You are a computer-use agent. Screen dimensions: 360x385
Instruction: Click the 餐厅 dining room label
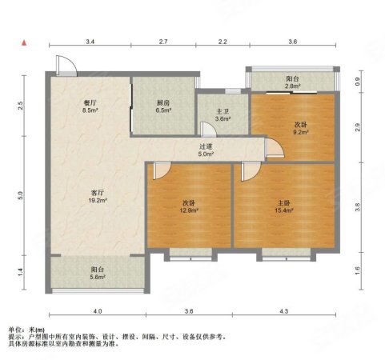(x=90, y=102)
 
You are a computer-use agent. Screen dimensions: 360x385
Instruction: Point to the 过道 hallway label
(x=206, y=146)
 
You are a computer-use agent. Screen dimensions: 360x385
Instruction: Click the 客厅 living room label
(x=98, y=192)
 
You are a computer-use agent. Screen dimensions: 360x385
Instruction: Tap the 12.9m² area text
(x=189, y=211)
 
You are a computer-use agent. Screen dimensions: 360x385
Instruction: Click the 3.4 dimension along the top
(x=90, y=40)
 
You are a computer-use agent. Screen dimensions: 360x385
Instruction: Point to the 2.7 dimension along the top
(x=162, y=40)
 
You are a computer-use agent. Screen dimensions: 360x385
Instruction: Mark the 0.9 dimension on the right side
(x=358, y=80)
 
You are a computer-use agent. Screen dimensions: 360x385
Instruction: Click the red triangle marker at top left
(x=25, y=42)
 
